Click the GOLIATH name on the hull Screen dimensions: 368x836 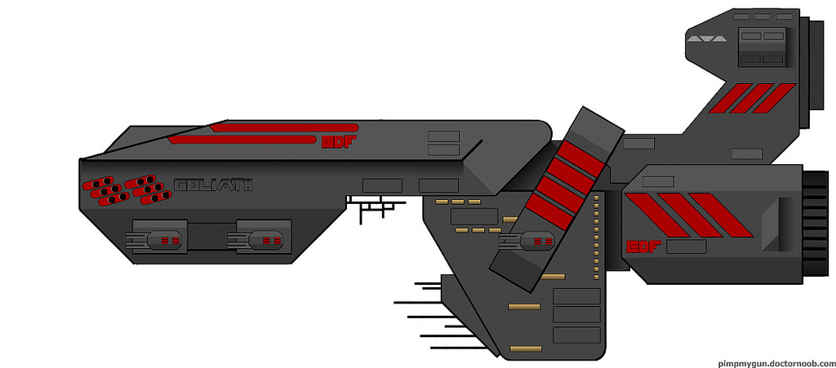pos(213,185)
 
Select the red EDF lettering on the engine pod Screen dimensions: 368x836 pos(643,246)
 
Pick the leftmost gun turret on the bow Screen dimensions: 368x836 pos(156,239)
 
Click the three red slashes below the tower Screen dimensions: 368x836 pos(749,99)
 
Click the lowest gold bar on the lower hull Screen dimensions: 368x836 pos(525,349)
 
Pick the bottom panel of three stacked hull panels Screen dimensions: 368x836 pos(576,335)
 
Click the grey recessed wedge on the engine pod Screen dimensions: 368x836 pos(771,221)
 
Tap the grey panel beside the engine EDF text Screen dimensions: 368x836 pos(686,246)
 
